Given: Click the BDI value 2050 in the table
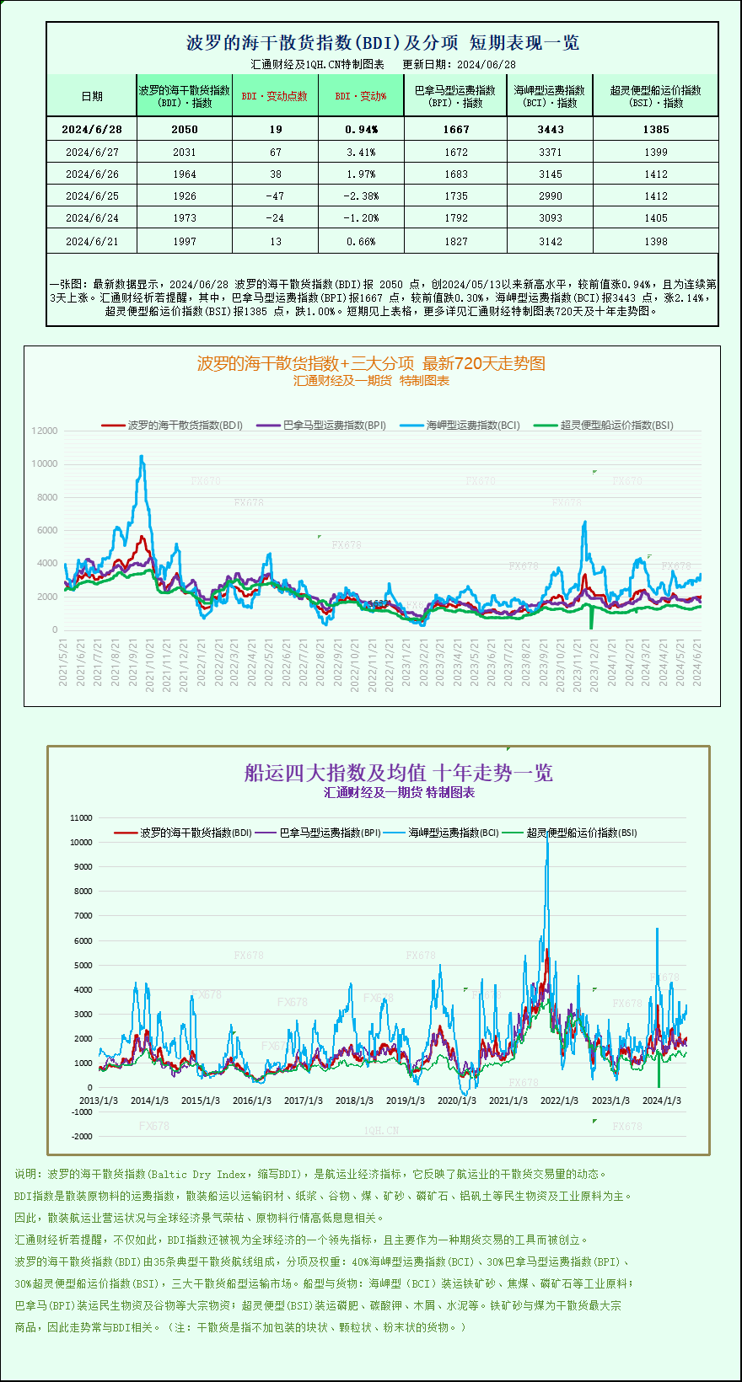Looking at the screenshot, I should click(x=184, y=130).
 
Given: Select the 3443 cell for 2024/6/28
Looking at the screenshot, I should click(x=550, y=130).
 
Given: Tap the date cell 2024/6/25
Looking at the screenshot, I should click(x=92, y=196).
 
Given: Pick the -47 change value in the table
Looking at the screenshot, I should click(x=275, y=196).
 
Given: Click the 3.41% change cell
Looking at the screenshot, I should click(x=361, y=153).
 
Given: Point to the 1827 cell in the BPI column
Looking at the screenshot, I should click(x=455, y=242).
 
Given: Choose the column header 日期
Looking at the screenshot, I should click(x=92, y=96).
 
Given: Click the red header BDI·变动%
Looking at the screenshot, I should click(x=361, y=96).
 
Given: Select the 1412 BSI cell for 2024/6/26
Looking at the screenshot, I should click(x=655, y=174).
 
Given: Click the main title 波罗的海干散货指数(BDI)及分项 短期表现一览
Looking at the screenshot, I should click(x=382, y=43).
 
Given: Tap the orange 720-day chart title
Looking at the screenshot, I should click(x=371, y=363).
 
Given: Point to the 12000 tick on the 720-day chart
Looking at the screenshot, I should click(x=45, y=431).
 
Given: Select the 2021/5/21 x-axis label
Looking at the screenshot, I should click(x=62, y=662).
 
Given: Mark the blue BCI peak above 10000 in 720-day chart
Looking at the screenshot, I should click(x=142, y=457).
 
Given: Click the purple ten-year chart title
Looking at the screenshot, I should click(x=398, y=773).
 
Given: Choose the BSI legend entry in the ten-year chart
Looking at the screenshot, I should click(x=581, y=833).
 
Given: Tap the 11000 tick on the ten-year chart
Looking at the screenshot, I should click(x=82, y=817).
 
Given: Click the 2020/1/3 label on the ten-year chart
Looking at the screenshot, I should click(x=456, y=1101).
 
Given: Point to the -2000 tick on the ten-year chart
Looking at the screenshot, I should click(x=82, y=1136).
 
